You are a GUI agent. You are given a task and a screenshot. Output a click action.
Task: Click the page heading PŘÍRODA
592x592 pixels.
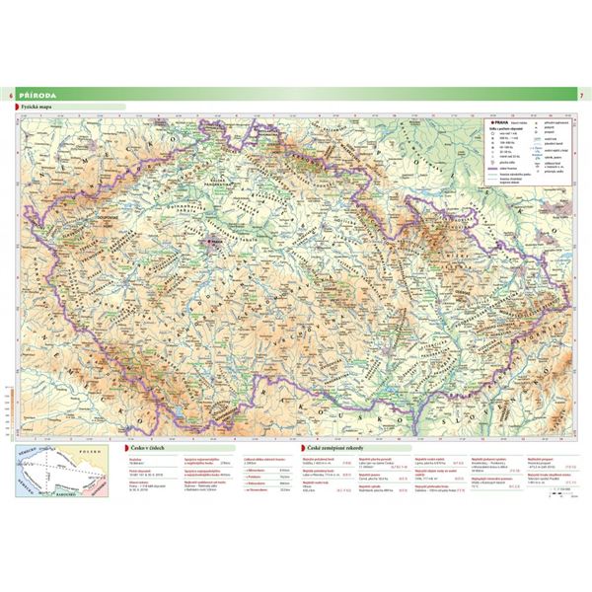tap(38, 94)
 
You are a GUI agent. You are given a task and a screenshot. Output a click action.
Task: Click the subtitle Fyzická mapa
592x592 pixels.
tap(38, 107)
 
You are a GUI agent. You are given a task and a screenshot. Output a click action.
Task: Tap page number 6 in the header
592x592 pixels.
tap(11, 94)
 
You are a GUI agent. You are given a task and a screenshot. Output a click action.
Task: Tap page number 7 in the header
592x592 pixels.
tap(580, 94)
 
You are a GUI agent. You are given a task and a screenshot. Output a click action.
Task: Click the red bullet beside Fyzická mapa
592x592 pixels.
tap(17, 107)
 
